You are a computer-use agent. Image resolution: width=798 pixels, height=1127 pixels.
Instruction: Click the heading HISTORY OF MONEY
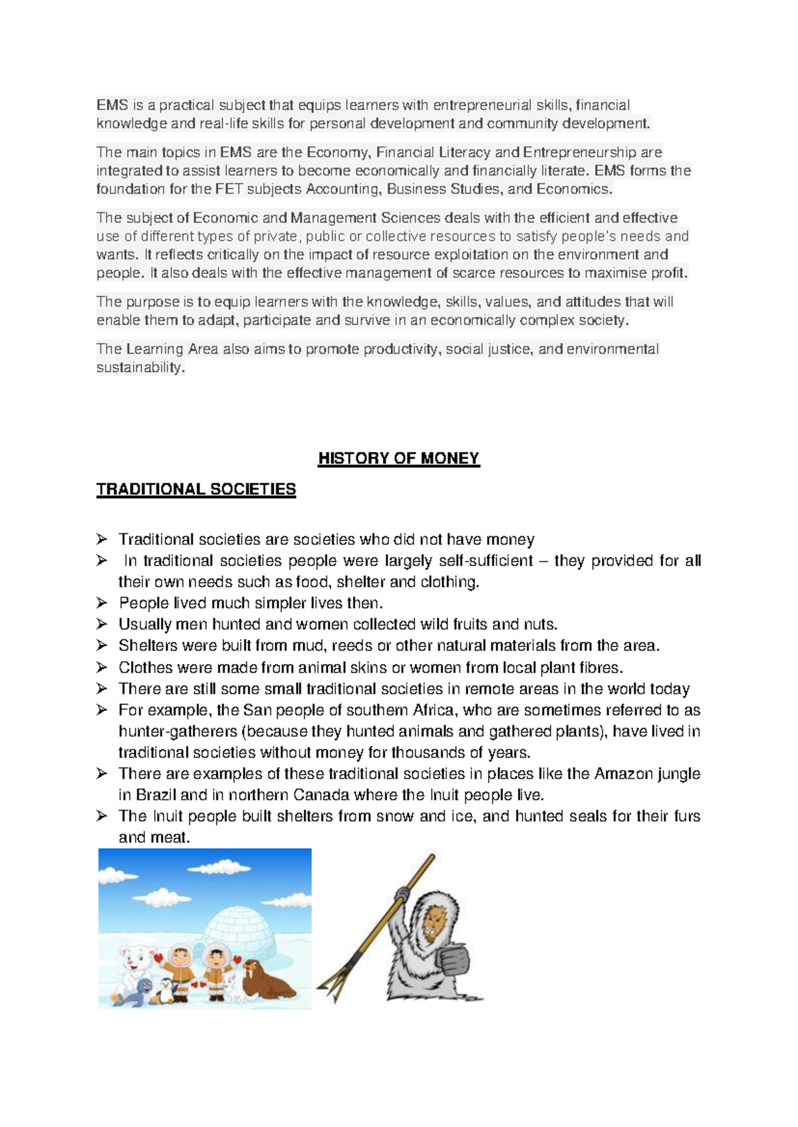click(x=399, y=459)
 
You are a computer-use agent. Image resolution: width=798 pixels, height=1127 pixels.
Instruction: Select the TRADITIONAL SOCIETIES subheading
click(x=196, y=490)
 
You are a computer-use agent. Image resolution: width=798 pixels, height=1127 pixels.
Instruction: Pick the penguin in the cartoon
click(x=164, y=990)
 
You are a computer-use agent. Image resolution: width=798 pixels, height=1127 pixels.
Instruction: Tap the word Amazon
click(x=623, y=773)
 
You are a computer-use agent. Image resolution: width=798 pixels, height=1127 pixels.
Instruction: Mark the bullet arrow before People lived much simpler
click(x=102, y=603)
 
